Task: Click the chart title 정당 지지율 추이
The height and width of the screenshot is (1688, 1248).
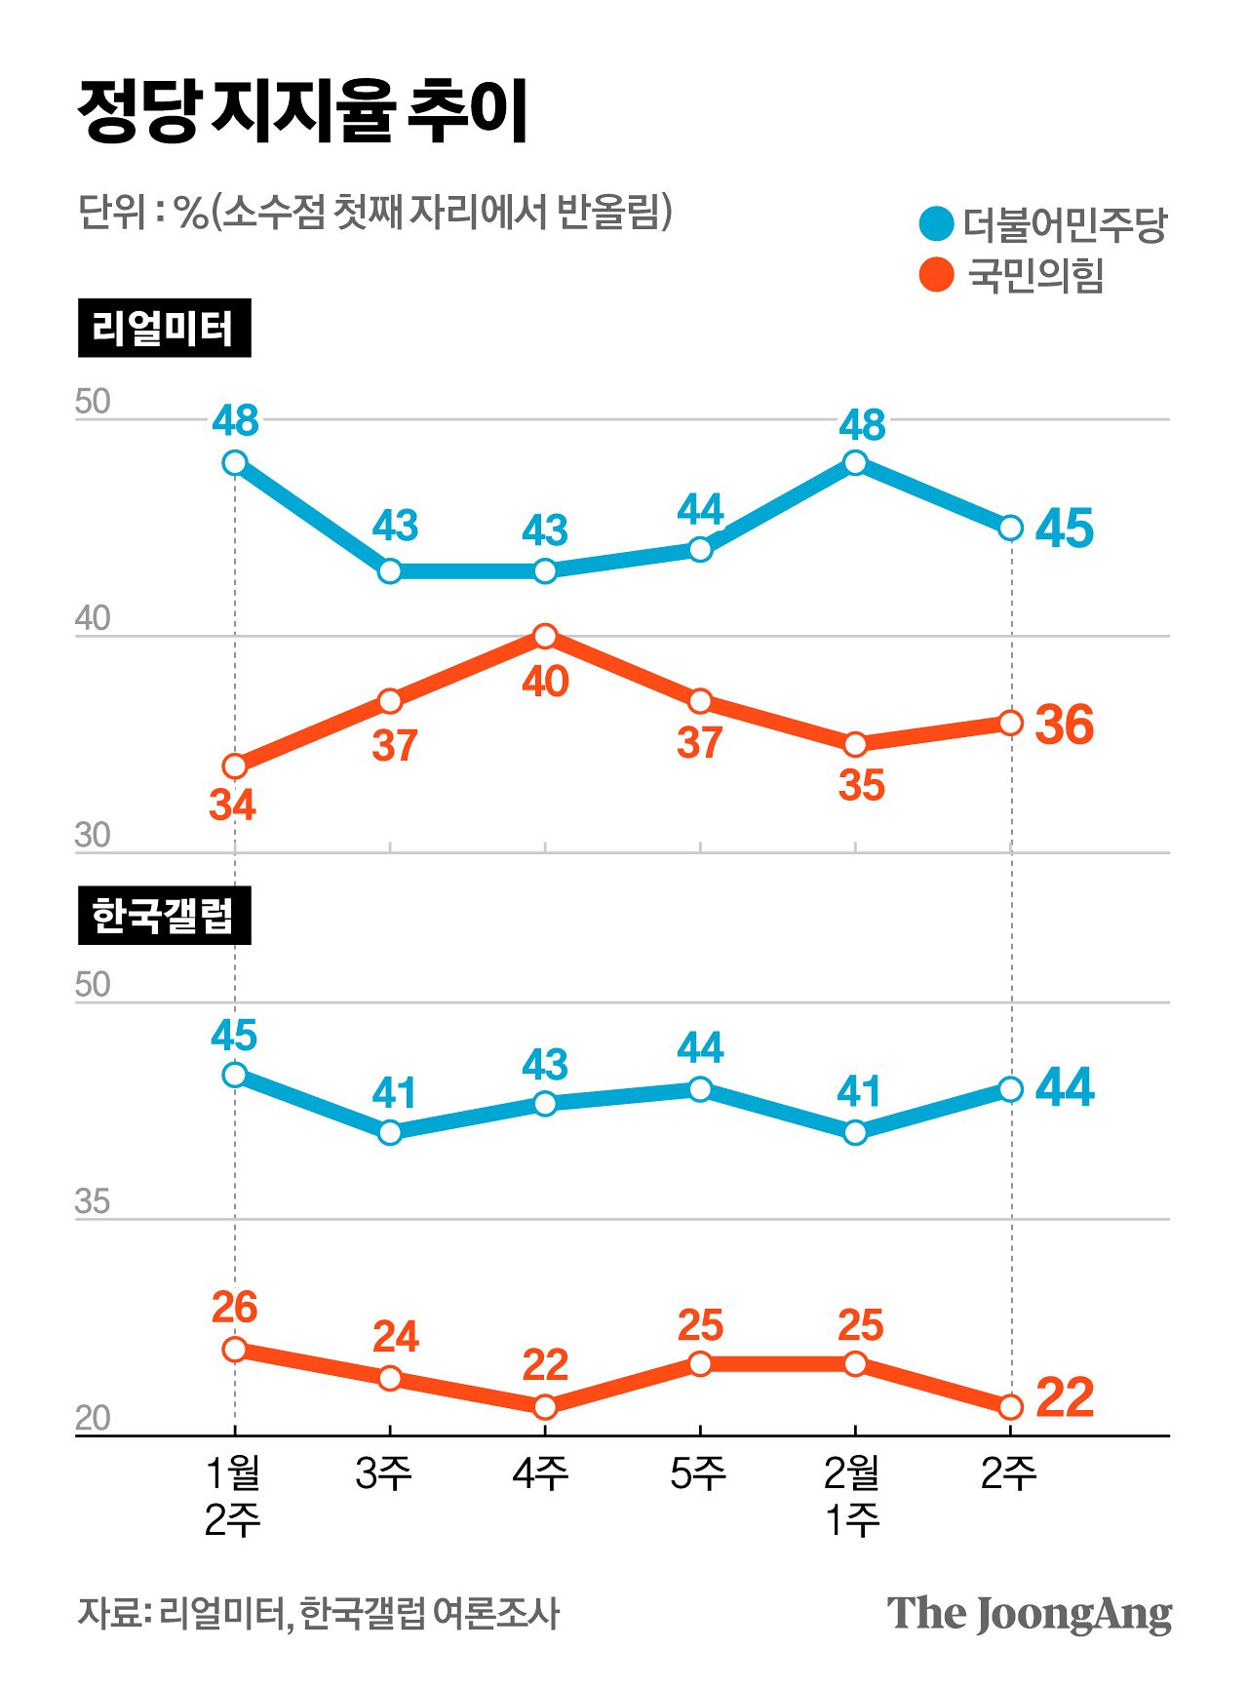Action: click(302, 110)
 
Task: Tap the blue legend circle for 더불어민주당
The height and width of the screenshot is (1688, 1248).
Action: click(936, 223)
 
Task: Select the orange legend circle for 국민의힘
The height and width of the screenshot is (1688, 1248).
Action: click(936, 275)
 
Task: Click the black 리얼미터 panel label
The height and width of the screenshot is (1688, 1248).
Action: click(164, 328)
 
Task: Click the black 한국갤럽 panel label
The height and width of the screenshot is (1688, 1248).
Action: click(164, 915)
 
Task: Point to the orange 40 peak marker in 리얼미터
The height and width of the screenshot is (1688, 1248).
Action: click(545, 637)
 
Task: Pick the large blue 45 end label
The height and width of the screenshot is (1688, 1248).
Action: click(1064, 529)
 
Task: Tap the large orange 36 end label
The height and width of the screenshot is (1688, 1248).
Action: click(1064, 725)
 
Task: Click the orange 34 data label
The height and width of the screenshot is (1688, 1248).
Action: click(232, 805)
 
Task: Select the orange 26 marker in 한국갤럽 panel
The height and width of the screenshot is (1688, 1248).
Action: click(235, 1350)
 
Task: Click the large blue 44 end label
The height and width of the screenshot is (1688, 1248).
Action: click(1064, 1086)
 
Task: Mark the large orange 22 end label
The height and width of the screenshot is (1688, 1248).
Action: click(1064, 1397)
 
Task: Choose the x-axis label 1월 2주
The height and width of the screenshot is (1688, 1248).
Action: click(233, 1496)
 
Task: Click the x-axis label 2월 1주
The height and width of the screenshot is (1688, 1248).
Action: click(853, 1496)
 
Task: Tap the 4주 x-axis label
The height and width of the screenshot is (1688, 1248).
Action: click(540, 1473)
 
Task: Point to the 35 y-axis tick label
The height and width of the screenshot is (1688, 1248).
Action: click(93, 1201)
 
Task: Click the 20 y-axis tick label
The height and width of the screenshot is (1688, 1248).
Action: click(93, 1418)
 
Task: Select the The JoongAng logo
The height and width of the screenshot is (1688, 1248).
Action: click(1029, 1614)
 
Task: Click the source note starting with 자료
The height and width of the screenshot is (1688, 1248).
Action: click(318, 1614)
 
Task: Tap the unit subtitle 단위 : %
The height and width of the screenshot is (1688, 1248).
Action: click(374, 212)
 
